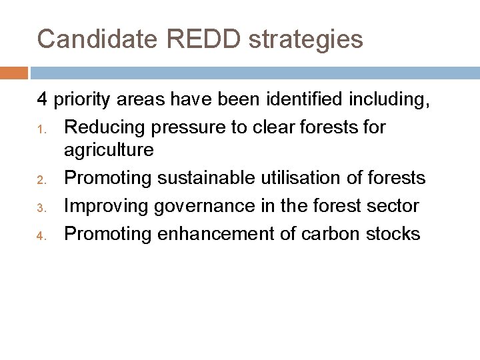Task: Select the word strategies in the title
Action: coord(306,40)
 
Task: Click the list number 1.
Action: coord(40,129)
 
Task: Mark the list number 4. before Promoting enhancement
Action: coord(40,235)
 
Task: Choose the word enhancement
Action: coord(215,233)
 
